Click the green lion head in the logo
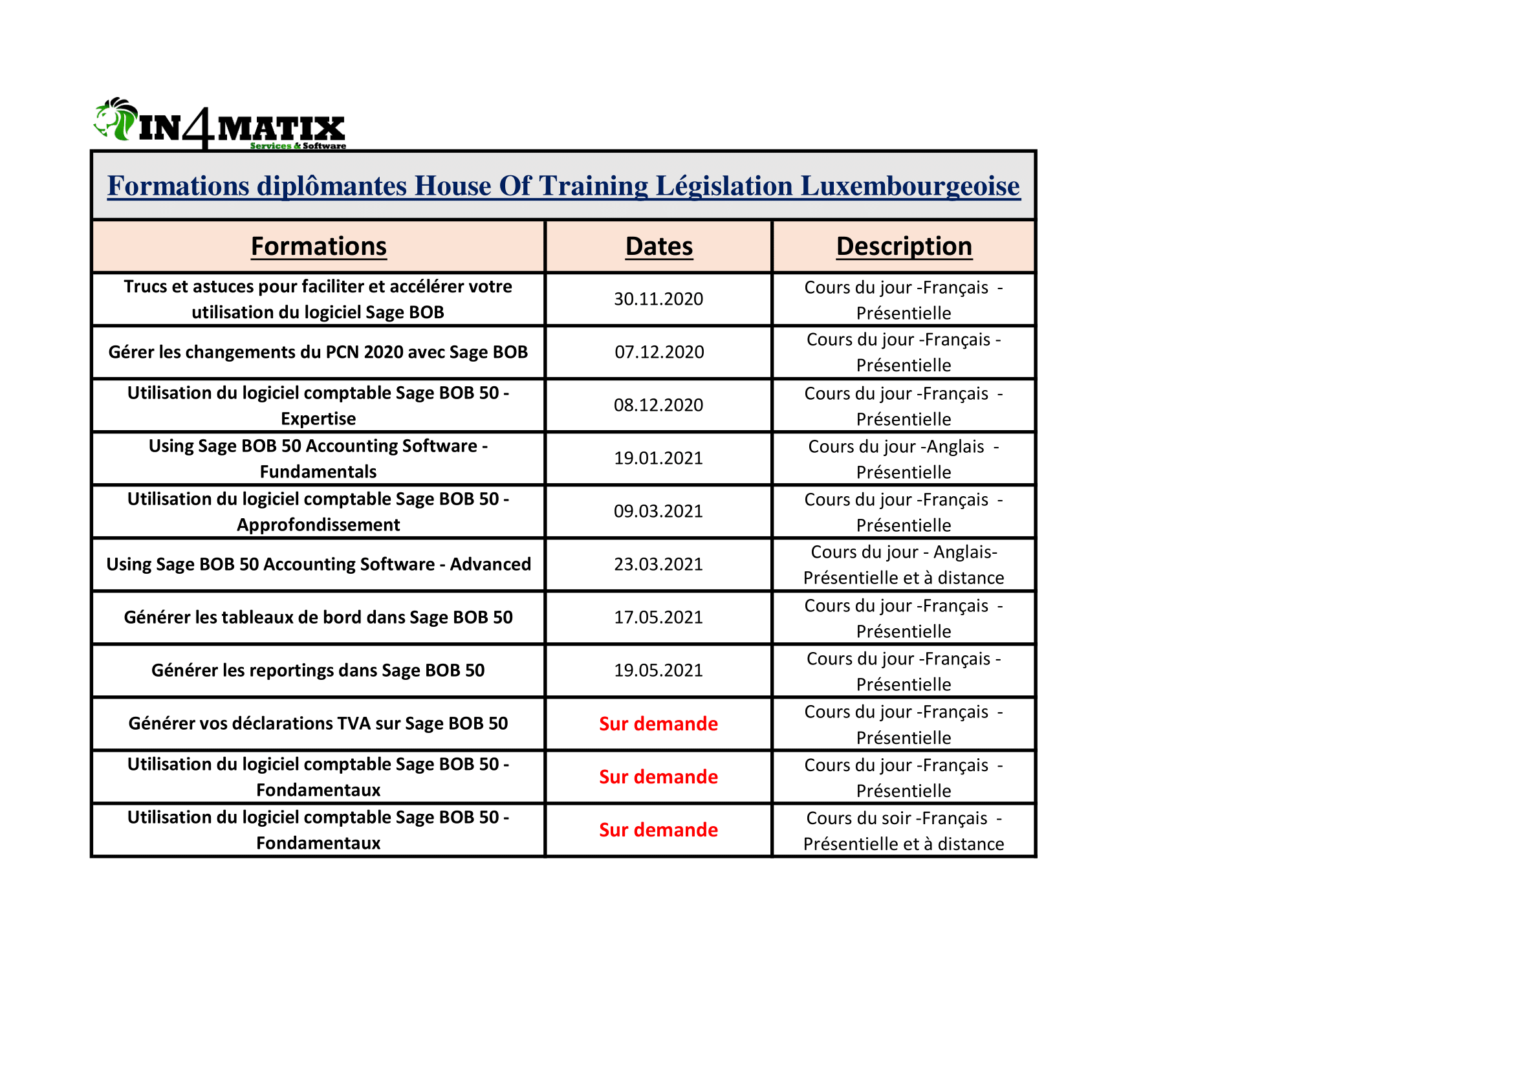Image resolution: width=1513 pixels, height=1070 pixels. (x=116, y=119)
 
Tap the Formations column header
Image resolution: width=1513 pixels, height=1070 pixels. (x=318, y=246)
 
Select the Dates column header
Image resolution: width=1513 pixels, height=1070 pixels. (x=659, y=246)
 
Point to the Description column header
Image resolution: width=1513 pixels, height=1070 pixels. (x=904, y=246)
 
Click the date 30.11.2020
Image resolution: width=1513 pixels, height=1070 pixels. (x=659, y=299)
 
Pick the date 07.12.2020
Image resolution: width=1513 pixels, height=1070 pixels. (x=659, y=352)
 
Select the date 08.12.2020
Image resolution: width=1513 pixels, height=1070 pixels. (x=659, y=405)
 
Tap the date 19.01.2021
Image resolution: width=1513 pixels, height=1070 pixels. (x=659, y=458)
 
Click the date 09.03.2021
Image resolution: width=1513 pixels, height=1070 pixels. (x=659, y=511)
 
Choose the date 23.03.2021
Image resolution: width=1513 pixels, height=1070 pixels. (x=659, y=564)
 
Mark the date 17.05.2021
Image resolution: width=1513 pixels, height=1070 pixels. (x=659, y=617)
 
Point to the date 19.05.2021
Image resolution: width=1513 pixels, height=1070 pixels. (x=659, y=670)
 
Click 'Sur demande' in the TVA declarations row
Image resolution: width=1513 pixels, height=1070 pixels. (x=659, y=723)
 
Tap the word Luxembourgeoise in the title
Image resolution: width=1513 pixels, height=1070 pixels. (x=910, y=186)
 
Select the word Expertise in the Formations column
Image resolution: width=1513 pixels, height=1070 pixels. (x=318, y=419)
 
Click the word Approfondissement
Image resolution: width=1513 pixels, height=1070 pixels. (x=318, y=525)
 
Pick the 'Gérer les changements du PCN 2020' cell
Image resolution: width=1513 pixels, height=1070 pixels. (x=318, y=352)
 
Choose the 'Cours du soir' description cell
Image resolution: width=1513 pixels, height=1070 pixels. (x=904, y=830)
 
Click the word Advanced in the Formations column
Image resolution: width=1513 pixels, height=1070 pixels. (x=490, y=564)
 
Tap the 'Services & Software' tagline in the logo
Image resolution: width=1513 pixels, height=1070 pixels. (x=298, y=146)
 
